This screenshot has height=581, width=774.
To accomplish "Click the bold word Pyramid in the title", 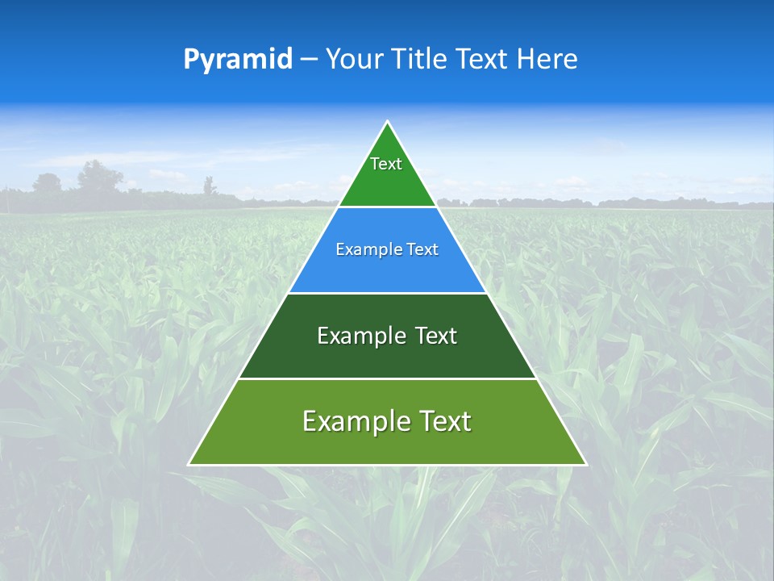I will [237, 60].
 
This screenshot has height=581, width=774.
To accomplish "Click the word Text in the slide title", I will [484, 60].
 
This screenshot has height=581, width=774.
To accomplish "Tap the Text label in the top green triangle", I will [386, 164].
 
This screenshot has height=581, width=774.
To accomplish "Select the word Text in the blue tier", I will [423, 250].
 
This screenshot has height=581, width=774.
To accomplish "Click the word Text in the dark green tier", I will [436, 336].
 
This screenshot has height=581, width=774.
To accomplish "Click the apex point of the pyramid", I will [387, 122].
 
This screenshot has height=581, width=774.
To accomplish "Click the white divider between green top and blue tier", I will [387, 207].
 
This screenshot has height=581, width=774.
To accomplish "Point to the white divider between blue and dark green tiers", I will [387, 293].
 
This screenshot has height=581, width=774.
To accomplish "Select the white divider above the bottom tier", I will [387, 378].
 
